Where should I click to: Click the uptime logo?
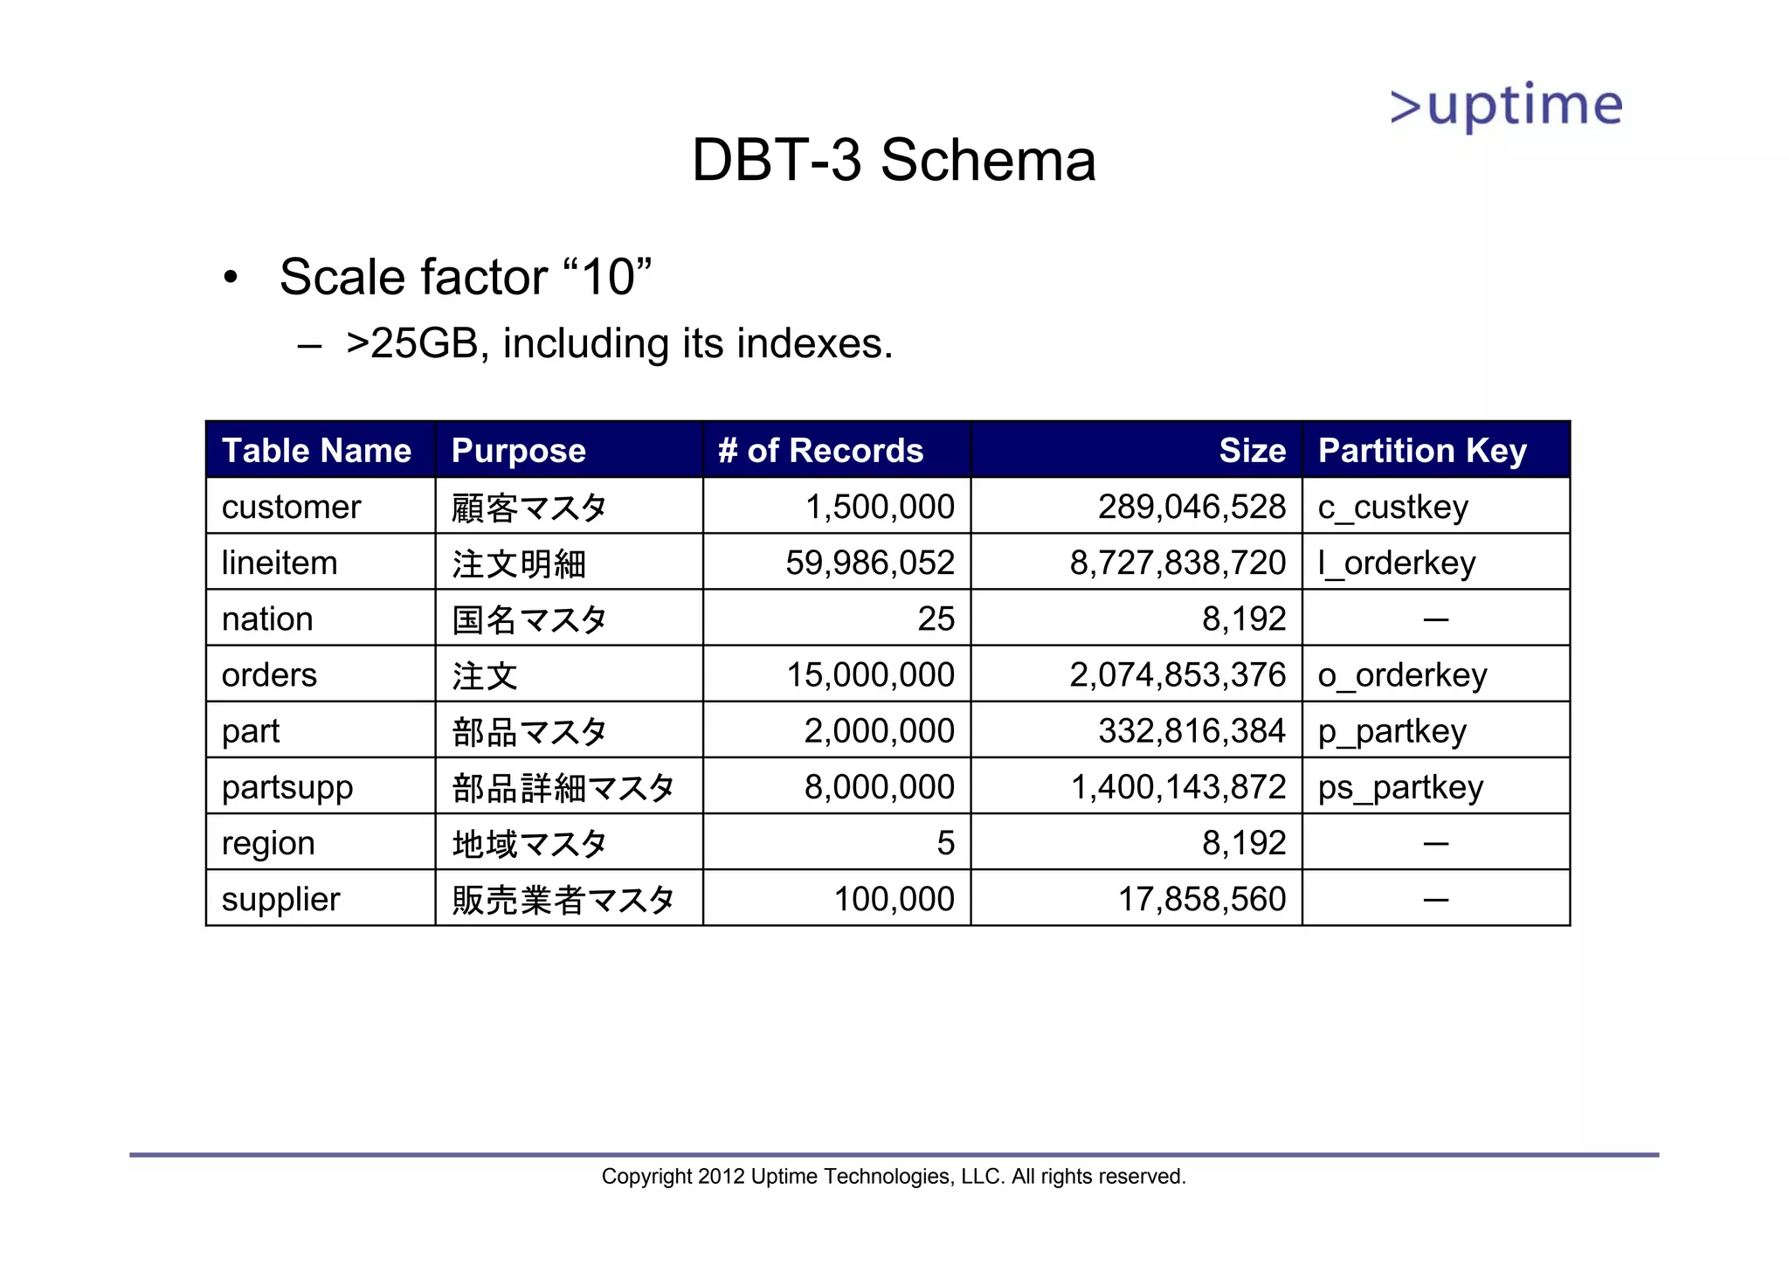1506,107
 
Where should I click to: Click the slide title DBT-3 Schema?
894,161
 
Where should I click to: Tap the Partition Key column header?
1421,451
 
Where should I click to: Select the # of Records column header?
820,451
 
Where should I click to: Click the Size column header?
1252,451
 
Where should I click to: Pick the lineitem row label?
280,563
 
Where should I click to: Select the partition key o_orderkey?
1402,675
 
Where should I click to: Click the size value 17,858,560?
1202,899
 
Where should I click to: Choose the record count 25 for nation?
936,619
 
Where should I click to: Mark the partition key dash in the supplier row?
1435,899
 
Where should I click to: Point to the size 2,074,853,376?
1178,675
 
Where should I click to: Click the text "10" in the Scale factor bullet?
607,278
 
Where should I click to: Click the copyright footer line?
894,1177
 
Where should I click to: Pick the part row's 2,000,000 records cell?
879,731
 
